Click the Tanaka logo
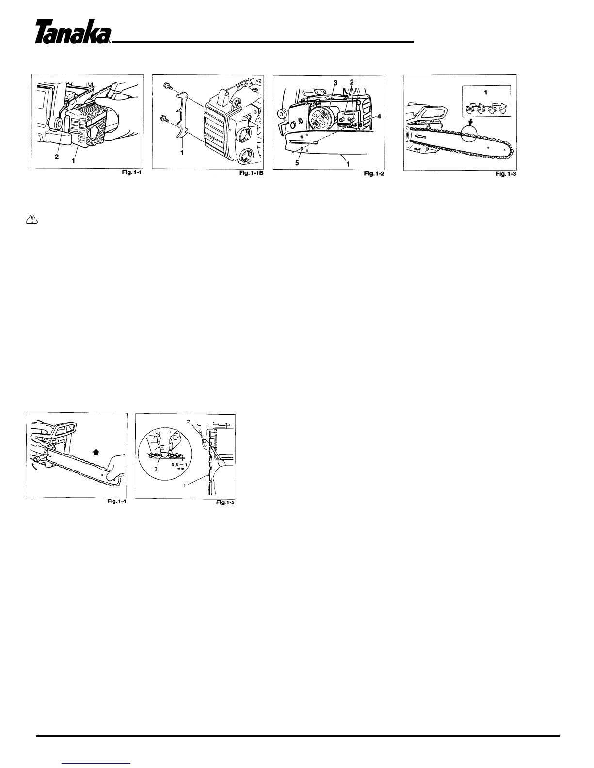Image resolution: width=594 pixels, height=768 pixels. point(73,32)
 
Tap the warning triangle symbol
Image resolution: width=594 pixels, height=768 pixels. point(32,220)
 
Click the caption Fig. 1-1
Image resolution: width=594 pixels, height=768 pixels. point(131,172)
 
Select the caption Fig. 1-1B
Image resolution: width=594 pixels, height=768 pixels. point(251,173)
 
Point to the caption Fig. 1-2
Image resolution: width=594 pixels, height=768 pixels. point(374,174)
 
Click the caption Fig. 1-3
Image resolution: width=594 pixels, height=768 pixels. point(506,174)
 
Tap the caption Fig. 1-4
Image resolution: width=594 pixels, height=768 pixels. point(117,501)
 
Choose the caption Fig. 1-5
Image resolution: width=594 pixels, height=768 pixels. point(225,502)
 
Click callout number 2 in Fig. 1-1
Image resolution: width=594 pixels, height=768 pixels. point(57,157)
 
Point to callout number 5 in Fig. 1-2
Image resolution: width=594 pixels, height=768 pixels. point(297,163)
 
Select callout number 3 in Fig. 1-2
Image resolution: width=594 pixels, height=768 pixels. point(335,83)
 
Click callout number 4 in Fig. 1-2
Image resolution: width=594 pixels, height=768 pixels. point(379,116)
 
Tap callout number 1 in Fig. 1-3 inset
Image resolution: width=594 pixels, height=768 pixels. point(485,92)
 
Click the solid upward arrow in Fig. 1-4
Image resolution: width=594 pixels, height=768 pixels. point(96,452)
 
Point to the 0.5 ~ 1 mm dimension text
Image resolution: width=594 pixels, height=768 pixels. point(179,466)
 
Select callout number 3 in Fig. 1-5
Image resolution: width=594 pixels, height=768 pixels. point(156,469)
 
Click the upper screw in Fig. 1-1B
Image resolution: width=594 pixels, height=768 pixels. point(166,86)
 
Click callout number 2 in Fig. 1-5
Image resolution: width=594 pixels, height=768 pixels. point(189,422)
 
